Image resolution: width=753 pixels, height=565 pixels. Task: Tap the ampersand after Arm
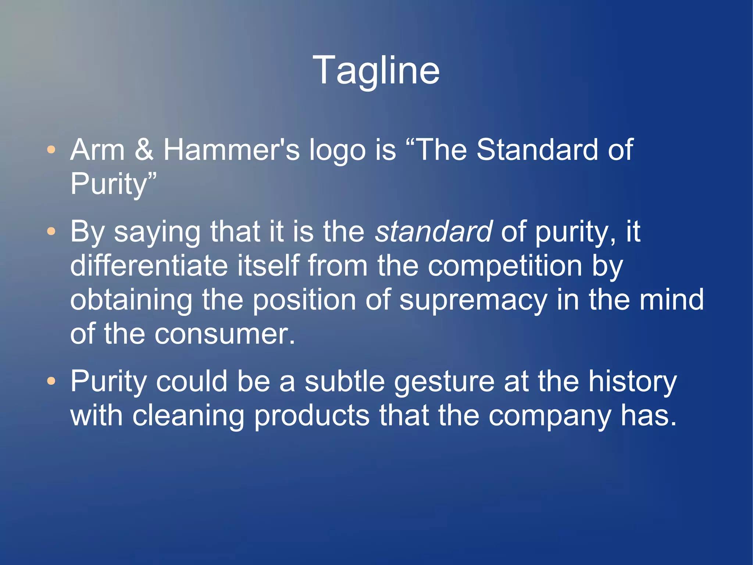(x=144, y=150)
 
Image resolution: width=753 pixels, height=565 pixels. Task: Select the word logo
(x=337, y=151)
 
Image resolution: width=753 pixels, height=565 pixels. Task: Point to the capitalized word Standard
(x=537, y=150)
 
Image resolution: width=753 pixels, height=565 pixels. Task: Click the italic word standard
(x=433, y=232)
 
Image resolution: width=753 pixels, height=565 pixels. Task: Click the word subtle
(x=345, y=381)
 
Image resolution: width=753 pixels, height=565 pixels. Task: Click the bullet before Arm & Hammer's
(x=51, y=150)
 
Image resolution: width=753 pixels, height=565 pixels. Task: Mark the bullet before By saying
(x=51, y=232)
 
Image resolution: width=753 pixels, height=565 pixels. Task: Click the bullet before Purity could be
(x=51, y=381)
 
